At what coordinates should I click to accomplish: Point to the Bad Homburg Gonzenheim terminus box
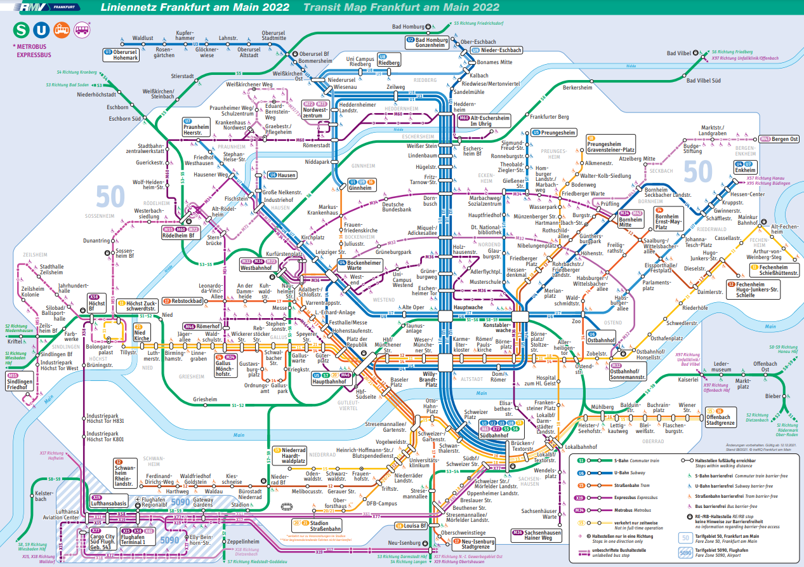click(x=428, y=43)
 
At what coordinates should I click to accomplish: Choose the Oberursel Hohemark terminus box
click(x=121, y=55)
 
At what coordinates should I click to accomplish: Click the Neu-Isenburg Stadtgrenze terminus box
click(x=474, y=544)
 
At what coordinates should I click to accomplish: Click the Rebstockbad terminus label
click(x=181, y=301)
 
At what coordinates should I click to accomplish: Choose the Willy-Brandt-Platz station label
click(x=432, y=380)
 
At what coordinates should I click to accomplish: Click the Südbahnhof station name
click(x=494, y=436)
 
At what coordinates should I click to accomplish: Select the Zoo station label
click(x=576, y=321)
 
